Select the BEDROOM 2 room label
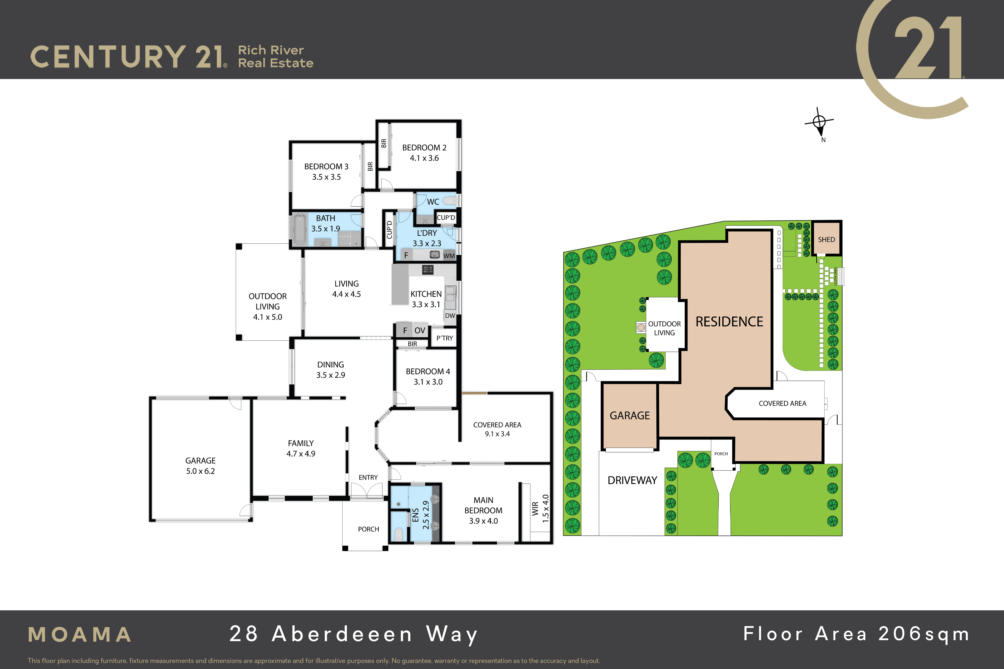[x=424, y=148]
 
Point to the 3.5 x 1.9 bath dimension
[x=326, y=229]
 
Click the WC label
[x=433, y=202]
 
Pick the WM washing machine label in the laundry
[x=449, y=256]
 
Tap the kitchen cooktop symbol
[x=428, y=269]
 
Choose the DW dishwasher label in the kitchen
[x=450, y=316]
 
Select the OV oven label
[x=420, y=331]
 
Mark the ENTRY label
[x=368, y=477]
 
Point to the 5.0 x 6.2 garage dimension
[x=201, y=471]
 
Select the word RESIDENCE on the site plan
[x=729, y=322]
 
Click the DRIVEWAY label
[x=632, y=480]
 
